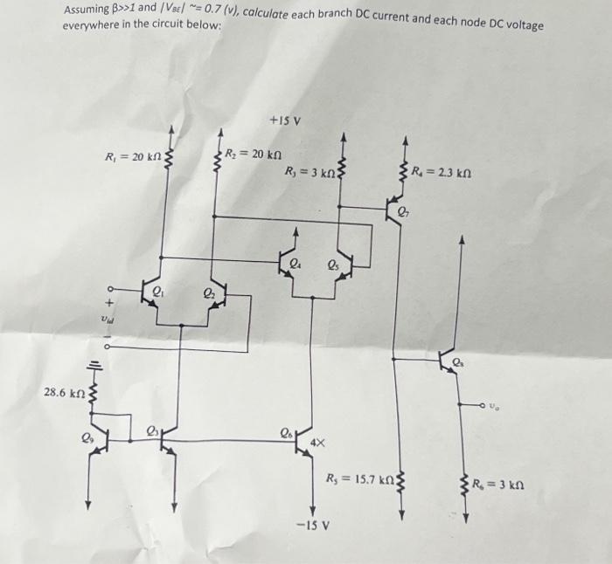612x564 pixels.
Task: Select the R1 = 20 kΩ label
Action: (x=130, y=157)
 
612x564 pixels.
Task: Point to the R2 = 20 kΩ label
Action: (x=253, y=155)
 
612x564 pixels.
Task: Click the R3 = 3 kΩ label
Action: (x=309, y=172)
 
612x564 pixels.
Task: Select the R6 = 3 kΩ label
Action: (x=498, y=485)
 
